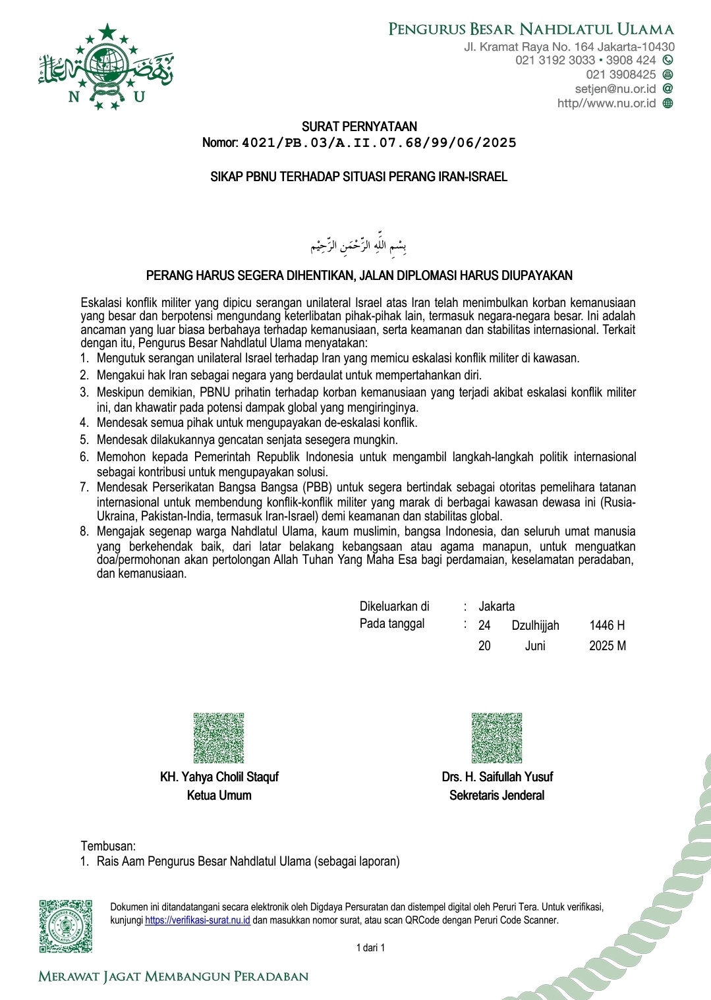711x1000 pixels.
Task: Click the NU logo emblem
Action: [105, 67]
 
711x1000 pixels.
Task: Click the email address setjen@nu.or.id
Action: [615, 89]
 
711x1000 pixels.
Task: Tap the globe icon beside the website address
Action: [668, 103]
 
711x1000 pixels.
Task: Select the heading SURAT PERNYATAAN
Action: [359, 126]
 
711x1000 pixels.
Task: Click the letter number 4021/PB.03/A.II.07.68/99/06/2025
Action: [379, 143]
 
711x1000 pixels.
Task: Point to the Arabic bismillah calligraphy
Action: [358, 246]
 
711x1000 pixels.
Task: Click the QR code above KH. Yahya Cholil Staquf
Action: [219, 738]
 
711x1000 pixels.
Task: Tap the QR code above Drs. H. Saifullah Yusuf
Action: [497, 738]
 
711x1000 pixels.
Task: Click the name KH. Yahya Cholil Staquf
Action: [219, 777]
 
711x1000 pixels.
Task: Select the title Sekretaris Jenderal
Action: [497, 796]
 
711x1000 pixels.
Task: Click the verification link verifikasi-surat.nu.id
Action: [197, 920]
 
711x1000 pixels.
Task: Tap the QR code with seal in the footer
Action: [65, 926]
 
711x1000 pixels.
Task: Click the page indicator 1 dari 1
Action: [370, 948]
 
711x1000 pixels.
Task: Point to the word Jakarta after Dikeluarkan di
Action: [496, 607]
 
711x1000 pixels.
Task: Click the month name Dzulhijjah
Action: [535, 626]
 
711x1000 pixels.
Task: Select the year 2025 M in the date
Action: [607, 646]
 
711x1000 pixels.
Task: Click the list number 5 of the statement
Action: [84, 440]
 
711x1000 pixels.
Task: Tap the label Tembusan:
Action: [108, 846]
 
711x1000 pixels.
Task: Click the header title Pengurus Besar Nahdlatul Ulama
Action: [530, 29]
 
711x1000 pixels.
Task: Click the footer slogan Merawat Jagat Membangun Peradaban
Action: [173, 976]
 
